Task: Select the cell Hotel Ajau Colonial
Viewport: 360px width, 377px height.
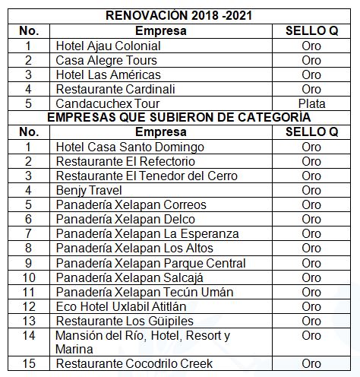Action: click(108, 46)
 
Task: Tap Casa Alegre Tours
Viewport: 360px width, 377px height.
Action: click(106, 61)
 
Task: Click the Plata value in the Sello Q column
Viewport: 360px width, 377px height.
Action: click(311, 103)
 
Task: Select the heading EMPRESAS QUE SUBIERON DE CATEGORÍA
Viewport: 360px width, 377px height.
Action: click(178, 118)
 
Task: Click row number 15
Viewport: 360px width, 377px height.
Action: click(29, 363)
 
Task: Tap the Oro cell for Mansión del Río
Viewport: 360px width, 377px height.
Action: click(311, 335)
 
